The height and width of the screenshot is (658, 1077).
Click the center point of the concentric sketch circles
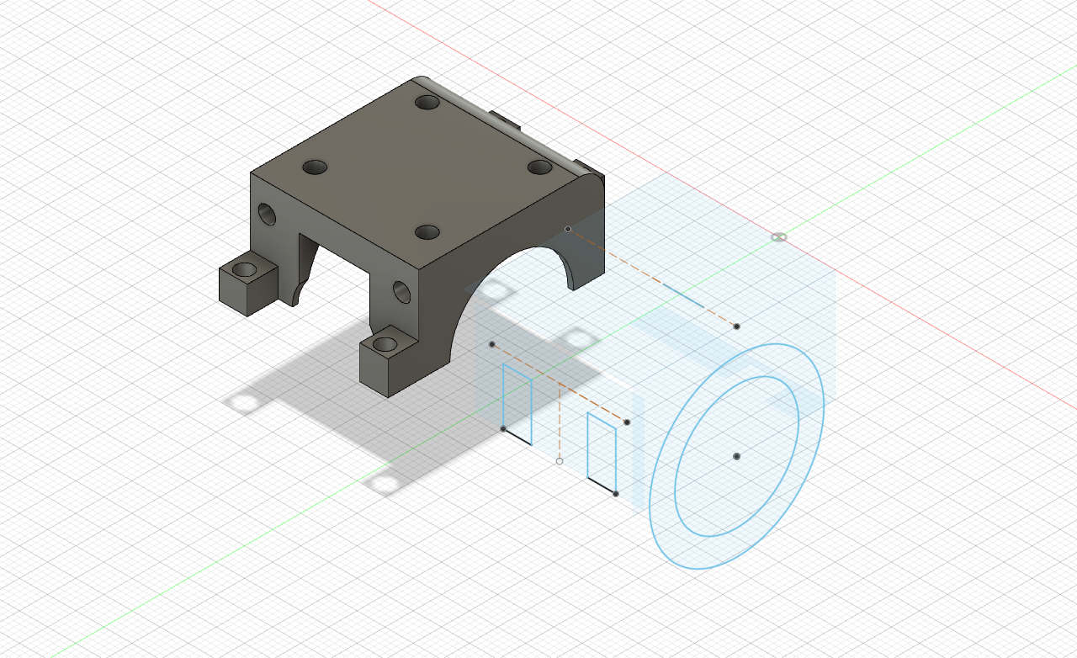coord(736,456)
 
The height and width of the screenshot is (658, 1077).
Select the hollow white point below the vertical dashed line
coord(560,461)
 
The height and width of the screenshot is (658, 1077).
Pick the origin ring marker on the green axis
coord(779,237)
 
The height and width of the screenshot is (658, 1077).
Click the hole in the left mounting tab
coord(245,270)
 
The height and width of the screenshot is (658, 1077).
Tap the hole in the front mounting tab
coord(386,343)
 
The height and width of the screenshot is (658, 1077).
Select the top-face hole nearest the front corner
coord(427,231)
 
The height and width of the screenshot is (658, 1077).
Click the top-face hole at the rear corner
coord(428,103)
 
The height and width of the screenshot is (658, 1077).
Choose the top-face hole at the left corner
coord(315,167)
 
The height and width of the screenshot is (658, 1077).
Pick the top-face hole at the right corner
coord(539,167)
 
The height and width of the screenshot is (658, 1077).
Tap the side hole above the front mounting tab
coord(401,292)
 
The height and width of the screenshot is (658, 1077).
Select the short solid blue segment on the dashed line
coord(682,295)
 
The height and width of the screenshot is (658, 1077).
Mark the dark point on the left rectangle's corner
coord(503,429)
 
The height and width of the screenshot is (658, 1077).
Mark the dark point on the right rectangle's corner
coord(616,494)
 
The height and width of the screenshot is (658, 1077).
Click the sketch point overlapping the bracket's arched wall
coord(568,229)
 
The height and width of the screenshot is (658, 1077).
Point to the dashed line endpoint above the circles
coord(737,326)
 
